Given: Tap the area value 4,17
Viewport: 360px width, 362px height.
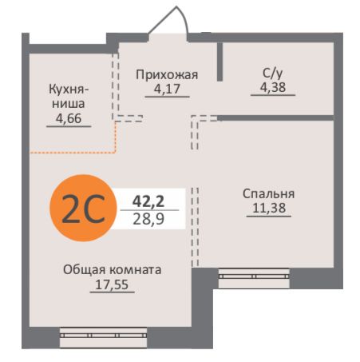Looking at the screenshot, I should pyautogui.click(x=167, y=89).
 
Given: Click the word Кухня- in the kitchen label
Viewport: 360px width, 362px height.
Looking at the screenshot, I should pyautogui.click(x=68, y=90).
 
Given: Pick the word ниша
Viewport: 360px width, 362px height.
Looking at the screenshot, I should pyautogui.click(x=68, y=104).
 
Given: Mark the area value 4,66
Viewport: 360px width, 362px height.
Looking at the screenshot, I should pyautogui.click(x=68, y=119).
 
